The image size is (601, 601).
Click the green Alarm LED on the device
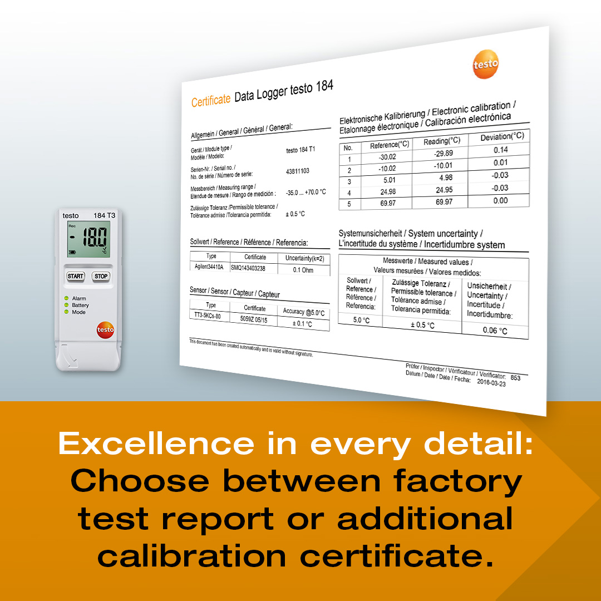[x=66, y=298]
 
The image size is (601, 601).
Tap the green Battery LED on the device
[x=66, y=305]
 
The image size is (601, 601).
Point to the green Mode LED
[x=66, y=312]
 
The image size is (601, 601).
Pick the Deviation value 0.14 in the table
[x=501, y=150]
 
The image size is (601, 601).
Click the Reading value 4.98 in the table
[x=442, y=178]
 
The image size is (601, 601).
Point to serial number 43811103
[x=298, y=171]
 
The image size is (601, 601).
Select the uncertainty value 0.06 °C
[x=495, y=331]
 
